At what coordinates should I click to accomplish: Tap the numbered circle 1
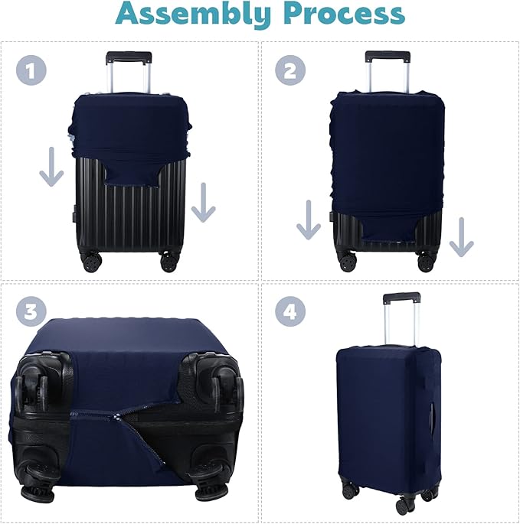(x=29, y=71)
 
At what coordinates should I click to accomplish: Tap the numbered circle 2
(x=289, y=71)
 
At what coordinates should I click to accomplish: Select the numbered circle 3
(x=29, y=312)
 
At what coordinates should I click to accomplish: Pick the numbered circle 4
(x=290, y=311)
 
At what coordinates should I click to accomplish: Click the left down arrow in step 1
(x=51, y=168)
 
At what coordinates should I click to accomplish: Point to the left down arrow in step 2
(x=308, y=220)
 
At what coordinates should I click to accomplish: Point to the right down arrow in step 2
(x=461, y=236)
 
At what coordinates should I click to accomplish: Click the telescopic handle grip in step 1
(x=129, y=57)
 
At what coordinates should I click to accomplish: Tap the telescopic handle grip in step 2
(x=388, y=56)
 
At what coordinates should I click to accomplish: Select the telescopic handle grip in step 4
(x=402, y=297)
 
